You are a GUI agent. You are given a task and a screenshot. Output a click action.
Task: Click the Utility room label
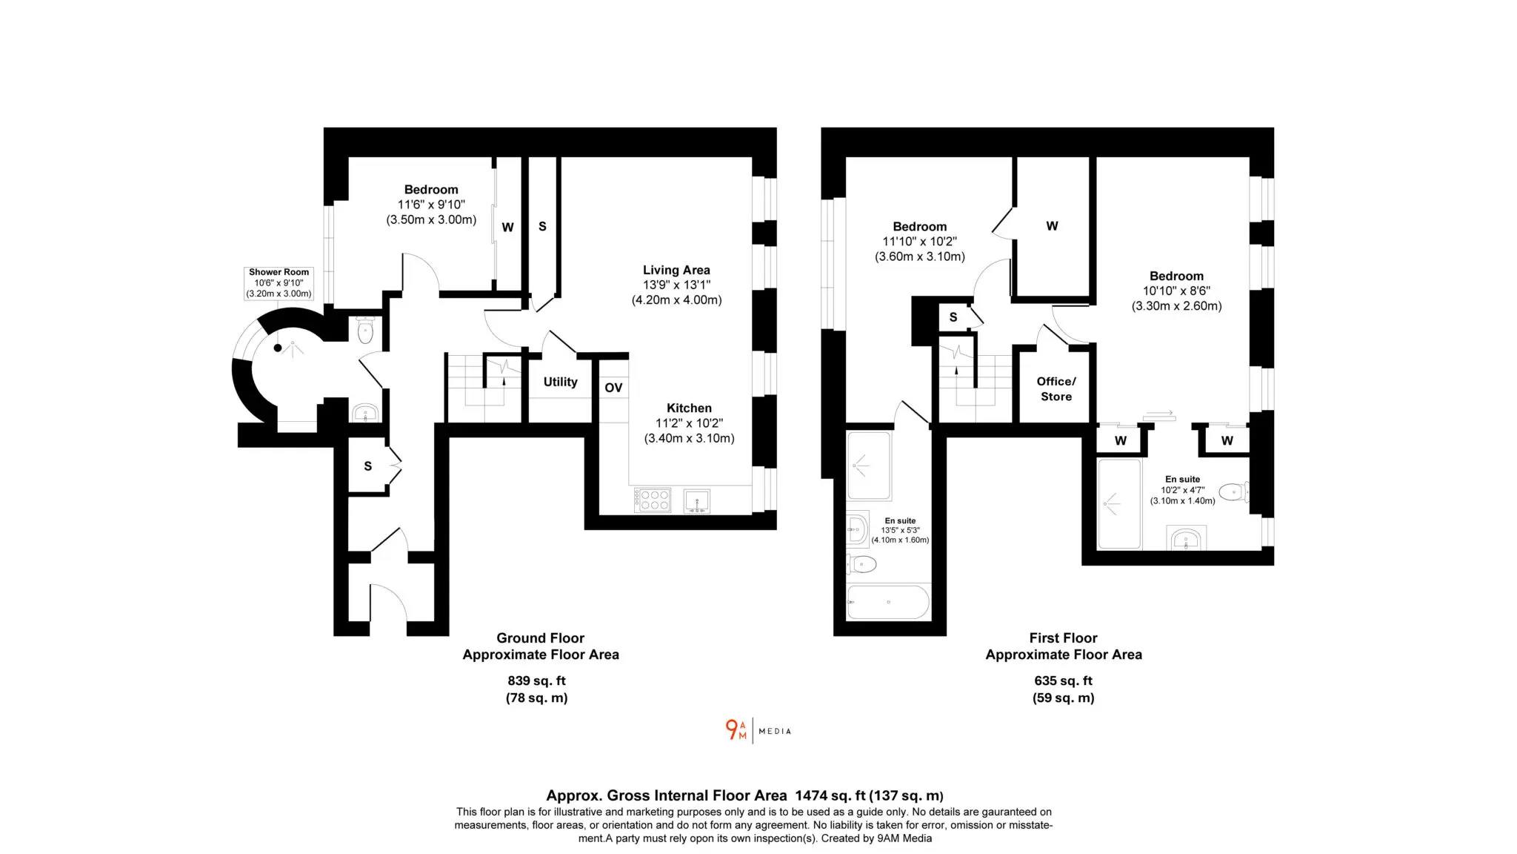tap(560, 382)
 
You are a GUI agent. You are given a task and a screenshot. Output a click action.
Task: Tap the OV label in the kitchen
tap(613, 388)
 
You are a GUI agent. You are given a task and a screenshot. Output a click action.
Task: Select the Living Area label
tap(676, 270)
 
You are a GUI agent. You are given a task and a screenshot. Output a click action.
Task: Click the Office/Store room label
tap(1056, 389)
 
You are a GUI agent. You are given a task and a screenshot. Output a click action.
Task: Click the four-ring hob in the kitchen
tap(653, 500)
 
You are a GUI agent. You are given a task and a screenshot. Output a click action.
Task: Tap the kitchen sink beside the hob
tap(696, 501)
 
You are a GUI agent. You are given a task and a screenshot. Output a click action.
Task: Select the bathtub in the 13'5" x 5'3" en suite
tap(888, 602)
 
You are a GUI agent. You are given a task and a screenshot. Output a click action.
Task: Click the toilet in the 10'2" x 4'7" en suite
tap(1234, 491)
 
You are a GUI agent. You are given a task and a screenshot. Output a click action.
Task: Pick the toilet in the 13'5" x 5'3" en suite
tap(861, 565)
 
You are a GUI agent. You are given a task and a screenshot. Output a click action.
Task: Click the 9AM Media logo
tap(758, 731)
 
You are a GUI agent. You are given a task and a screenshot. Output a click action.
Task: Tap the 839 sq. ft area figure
tap(536, 681)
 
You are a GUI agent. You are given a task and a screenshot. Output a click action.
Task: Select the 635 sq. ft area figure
tap(1063, 681)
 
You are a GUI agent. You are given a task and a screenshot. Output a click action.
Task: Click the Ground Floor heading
tap(540, 638)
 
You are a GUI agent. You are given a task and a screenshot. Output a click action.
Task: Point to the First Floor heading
tap(1063, 638)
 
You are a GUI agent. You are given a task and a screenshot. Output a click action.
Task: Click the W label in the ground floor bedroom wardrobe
tap(507, 228)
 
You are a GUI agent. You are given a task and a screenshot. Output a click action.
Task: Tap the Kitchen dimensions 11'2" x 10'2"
tap(689, 423)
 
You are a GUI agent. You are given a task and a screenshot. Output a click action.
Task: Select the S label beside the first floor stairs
tap(953, 317)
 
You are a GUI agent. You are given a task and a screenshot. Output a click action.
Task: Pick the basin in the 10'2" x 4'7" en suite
tap(1187, 537)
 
